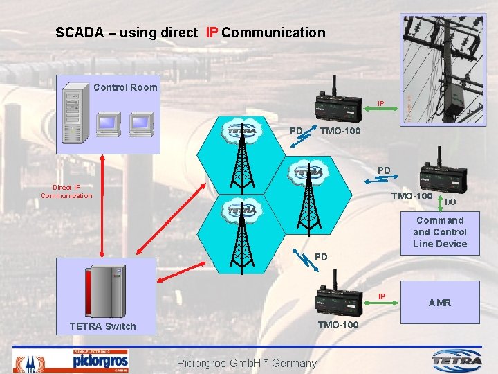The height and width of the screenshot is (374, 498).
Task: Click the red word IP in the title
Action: [212, 33]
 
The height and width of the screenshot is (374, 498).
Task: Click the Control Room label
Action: [125, 87]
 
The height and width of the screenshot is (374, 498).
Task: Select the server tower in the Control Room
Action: [72, 115]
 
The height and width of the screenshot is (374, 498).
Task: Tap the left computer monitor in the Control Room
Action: [109, 123]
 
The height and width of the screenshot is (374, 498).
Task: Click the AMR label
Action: [440, 303]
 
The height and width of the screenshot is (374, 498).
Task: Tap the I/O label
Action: [450, 202]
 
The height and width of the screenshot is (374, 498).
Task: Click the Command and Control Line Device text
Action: [440, 232]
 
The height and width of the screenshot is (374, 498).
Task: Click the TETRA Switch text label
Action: [103, 326]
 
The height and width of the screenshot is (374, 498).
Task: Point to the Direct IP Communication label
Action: [66, 191]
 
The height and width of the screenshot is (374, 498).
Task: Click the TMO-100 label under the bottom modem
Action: [338, 325]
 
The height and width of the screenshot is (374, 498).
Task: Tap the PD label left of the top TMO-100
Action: [296, 131]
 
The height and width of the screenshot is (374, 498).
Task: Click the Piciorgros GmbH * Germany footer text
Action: [247, 363]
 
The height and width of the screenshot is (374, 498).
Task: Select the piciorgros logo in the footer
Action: [100, 360]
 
